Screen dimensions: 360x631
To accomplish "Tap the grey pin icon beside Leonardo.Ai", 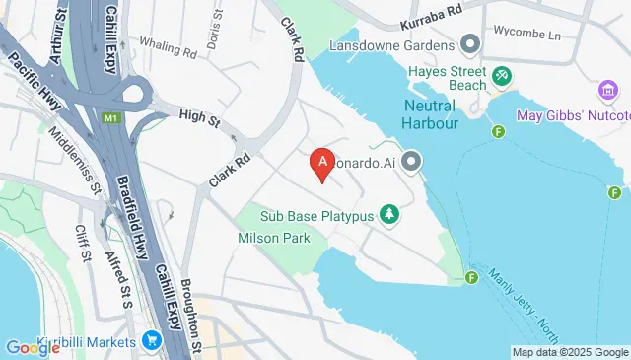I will (x=412, y=162).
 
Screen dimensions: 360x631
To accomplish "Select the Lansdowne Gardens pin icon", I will (x=470, y=43).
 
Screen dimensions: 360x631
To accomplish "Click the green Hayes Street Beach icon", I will (x=502, y=74).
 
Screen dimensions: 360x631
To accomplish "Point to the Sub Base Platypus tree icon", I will (x=391, y=214).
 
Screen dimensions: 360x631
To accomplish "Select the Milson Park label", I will (x=274, y=238).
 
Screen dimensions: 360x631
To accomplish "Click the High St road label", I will (x=199, y=116).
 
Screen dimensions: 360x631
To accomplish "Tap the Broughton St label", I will (x=189, y=316).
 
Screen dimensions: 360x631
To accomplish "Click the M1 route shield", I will (x=109, y=117).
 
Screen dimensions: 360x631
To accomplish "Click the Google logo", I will (x=33, y=347).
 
